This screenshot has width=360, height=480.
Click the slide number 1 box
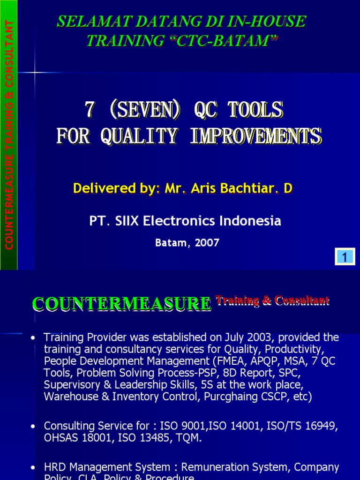[345, 257]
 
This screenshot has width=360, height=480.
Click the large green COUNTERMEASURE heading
[121, 304]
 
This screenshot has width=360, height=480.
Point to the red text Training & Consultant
[272, 300]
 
